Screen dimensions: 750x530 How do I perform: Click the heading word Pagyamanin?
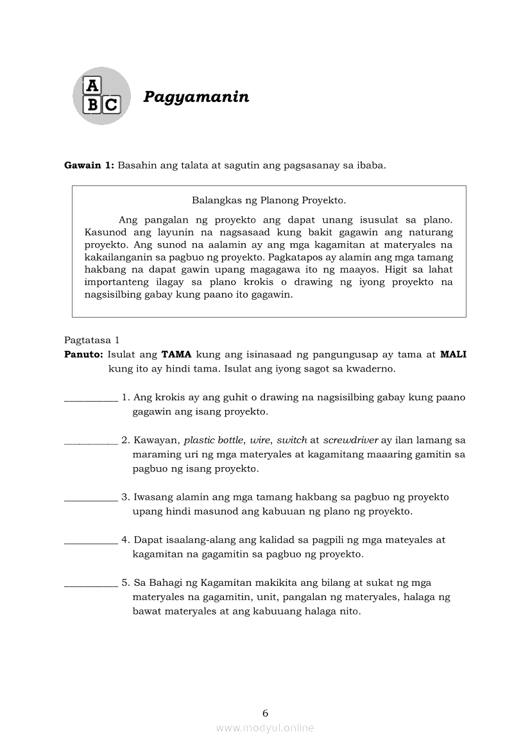click(196, 97)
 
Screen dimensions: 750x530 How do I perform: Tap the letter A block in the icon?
click(93, 86)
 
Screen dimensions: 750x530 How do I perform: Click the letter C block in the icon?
click(111, 105)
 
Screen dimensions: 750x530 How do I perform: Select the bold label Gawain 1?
click(89, 166)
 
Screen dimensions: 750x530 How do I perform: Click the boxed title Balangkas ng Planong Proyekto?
click(269, 200)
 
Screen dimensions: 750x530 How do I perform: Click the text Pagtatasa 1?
click(92, 340)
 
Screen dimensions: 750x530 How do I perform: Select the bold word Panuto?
click(84, 354)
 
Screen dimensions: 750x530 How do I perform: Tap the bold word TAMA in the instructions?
click(176, 354)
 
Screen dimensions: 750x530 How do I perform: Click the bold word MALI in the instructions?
click(453, 354)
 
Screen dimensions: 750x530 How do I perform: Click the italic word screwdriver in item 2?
click(351, 441)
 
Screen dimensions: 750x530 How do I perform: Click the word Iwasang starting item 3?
click(154, 497)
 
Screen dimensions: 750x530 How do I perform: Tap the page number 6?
click(265, 713)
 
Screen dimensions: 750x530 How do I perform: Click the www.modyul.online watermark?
click(265, 728)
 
